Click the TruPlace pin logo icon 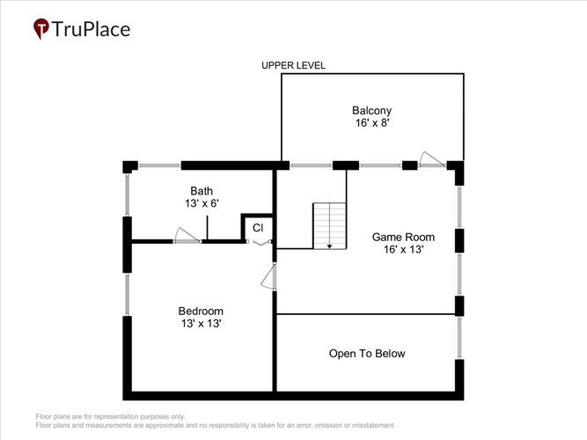coord(41,28)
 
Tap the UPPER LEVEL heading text coord(293,65)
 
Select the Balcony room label coord(371,111)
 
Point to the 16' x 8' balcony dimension coord(372,123)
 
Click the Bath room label coord(202,191)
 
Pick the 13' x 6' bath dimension coord(202,203)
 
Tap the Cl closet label coord(258,228)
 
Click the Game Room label coord(403,237)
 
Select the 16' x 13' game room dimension coord(403,249)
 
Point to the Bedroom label coord(201,312)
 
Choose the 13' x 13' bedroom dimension coord(201,324)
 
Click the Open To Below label coord(367,354)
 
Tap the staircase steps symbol coord(329,226)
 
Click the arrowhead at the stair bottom coord(329,246)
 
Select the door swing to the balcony coord(431,159)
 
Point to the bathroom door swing coord(187,235)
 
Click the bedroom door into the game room coord(268,276)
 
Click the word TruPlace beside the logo coord(91,29)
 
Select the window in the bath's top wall coord(159,165)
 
